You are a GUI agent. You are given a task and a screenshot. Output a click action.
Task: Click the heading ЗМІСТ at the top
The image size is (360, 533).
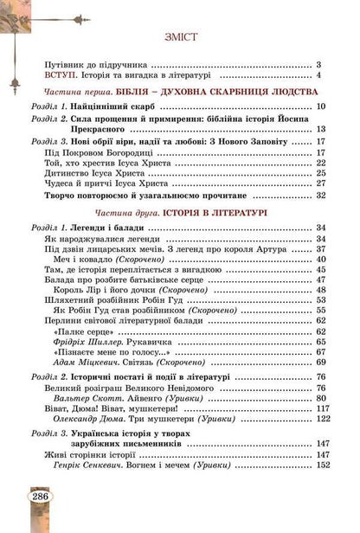point(180,37)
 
